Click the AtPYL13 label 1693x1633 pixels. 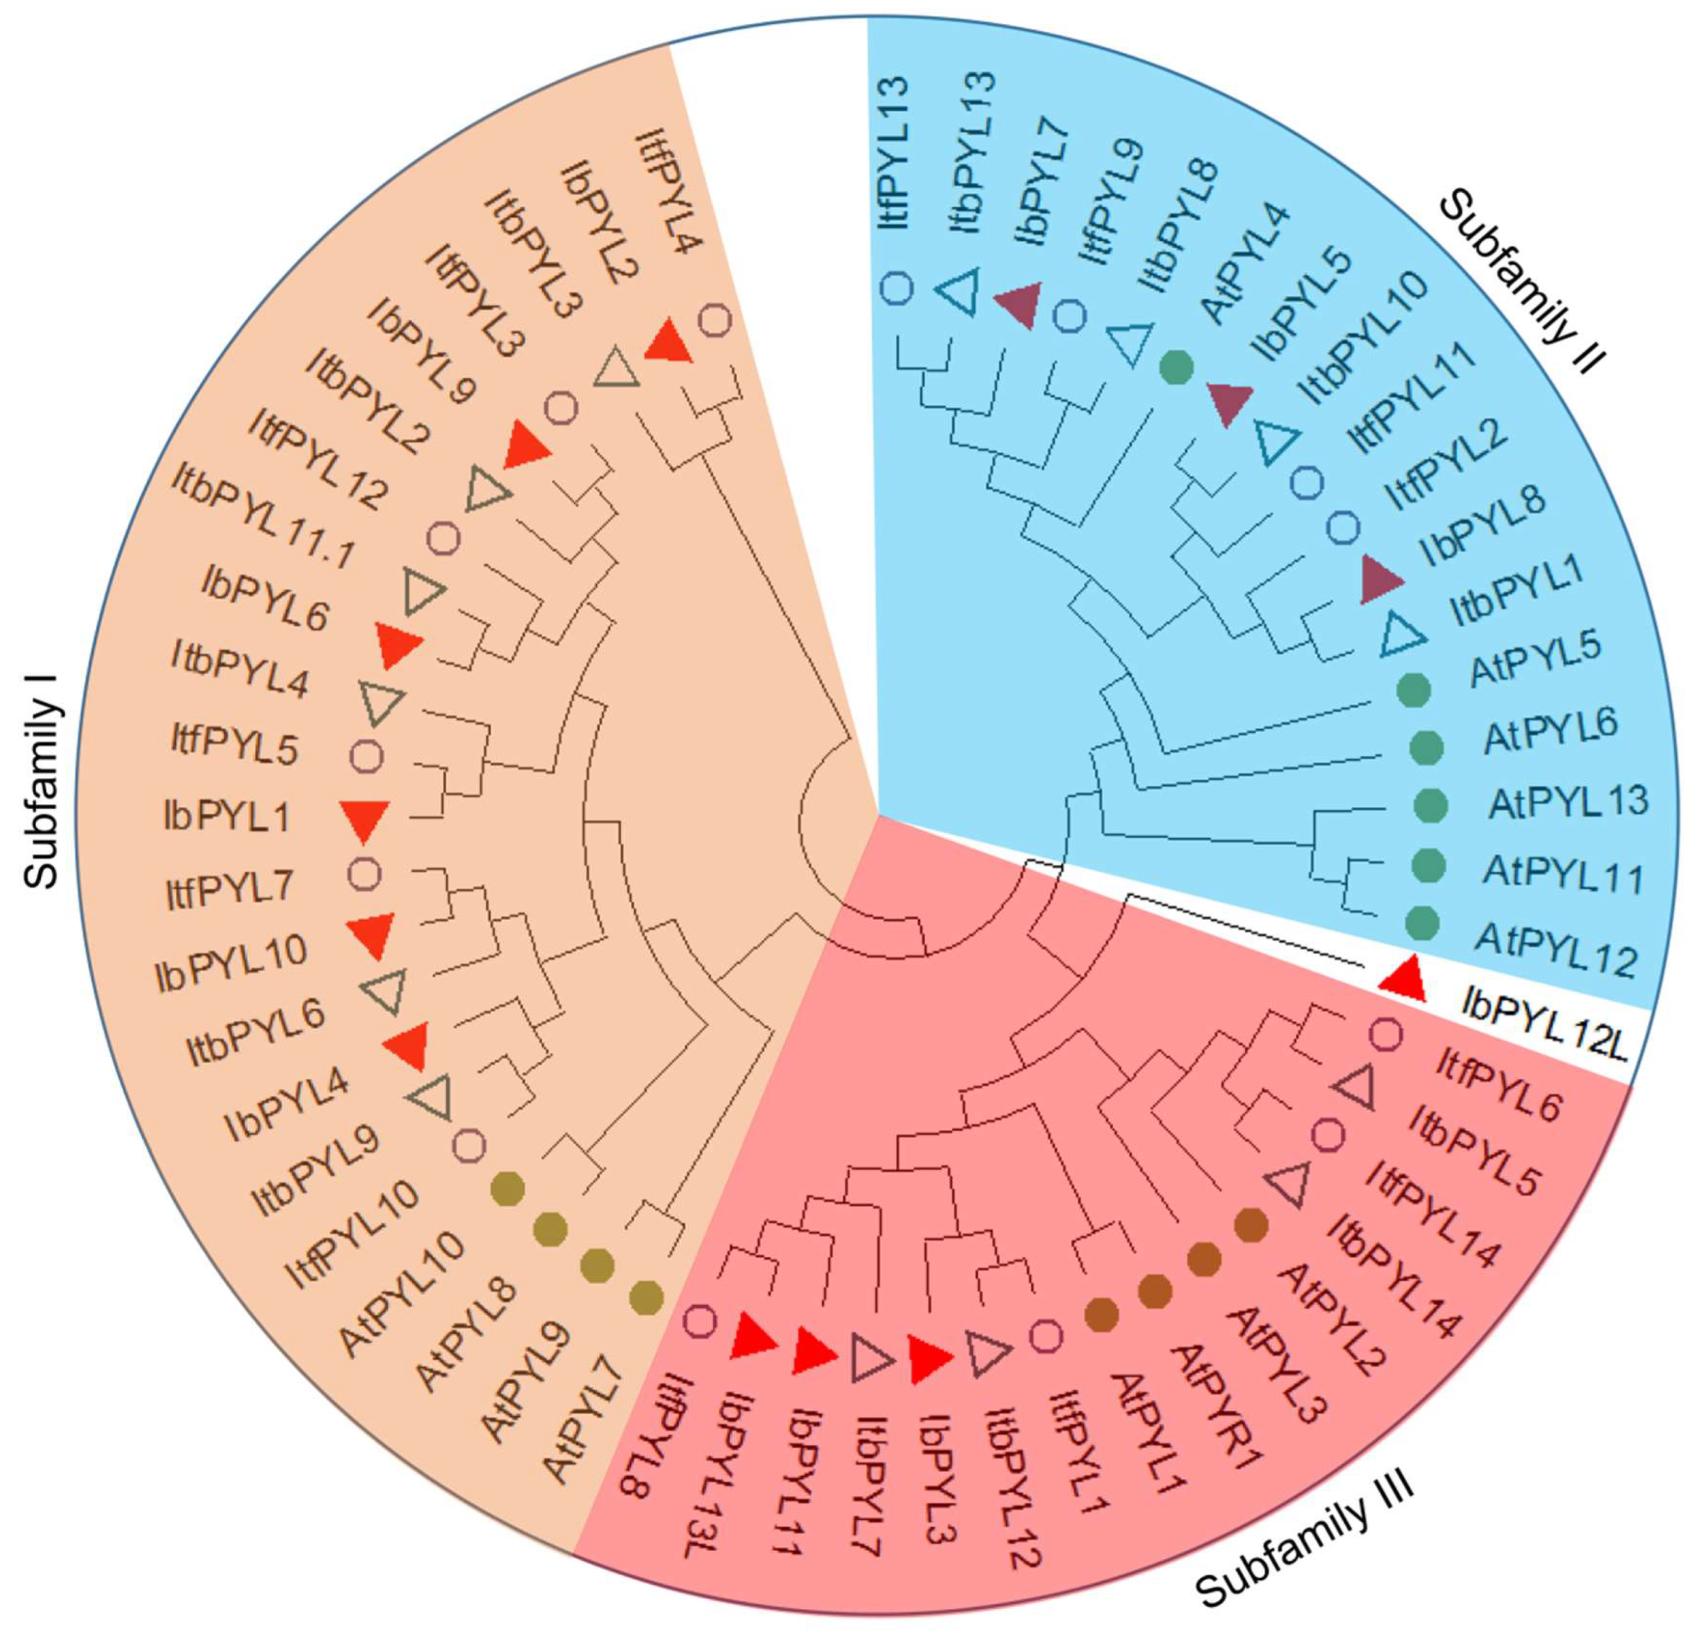[1568, 802]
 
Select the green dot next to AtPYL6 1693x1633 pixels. [1425, 747]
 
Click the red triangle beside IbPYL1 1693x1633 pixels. [365, 819]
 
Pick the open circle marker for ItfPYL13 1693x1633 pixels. [898, 287]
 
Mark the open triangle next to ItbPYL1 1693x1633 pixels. [1401, 636]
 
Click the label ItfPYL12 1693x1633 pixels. [318, 459]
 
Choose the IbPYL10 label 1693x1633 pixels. [231, 964]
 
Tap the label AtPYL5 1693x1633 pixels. [1535, 659]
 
